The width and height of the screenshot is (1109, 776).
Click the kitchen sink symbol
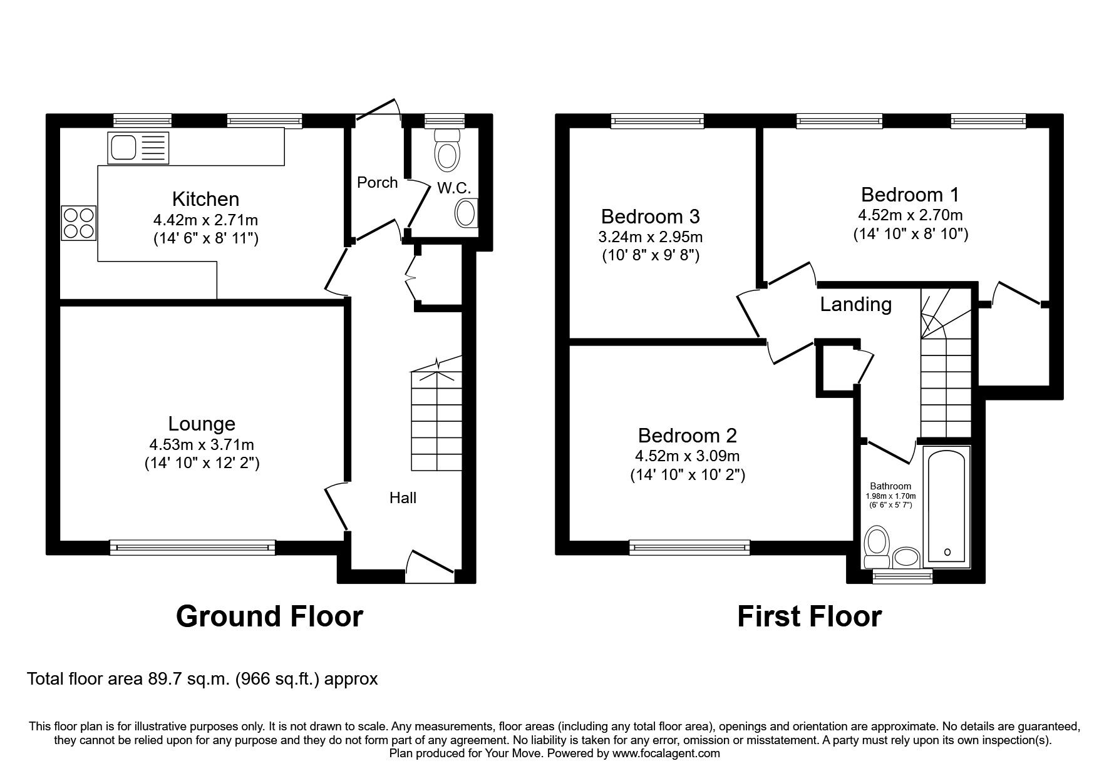pos(138,148)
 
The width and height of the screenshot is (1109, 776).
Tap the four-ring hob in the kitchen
pos(79,223)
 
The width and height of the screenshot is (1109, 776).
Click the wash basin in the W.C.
pos(466,213)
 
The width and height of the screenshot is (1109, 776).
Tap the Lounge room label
pos(202,424)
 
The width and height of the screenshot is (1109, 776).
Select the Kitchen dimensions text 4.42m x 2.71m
pos(205,220)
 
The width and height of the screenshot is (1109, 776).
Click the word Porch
pos(378,182)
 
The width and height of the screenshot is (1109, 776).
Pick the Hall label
pos(403,498)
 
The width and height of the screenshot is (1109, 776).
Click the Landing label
pos(856,304)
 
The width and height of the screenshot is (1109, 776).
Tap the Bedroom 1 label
pos(910,195)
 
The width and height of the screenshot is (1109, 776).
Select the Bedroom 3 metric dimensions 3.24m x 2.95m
pos(650,237)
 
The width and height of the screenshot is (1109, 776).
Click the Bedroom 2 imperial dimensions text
pos(688,475)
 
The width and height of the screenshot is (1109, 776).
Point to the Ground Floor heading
pos(269,616)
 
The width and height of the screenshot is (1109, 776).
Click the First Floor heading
pos(809,616)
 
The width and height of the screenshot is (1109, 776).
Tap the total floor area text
pos(202,679)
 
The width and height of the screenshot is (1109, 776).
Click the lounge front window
pos(192,547)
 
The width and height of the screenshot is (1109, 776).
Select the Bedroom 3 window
pos(658,121)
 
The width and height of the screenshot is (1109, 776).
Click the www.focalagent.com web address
pos(666,753)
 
